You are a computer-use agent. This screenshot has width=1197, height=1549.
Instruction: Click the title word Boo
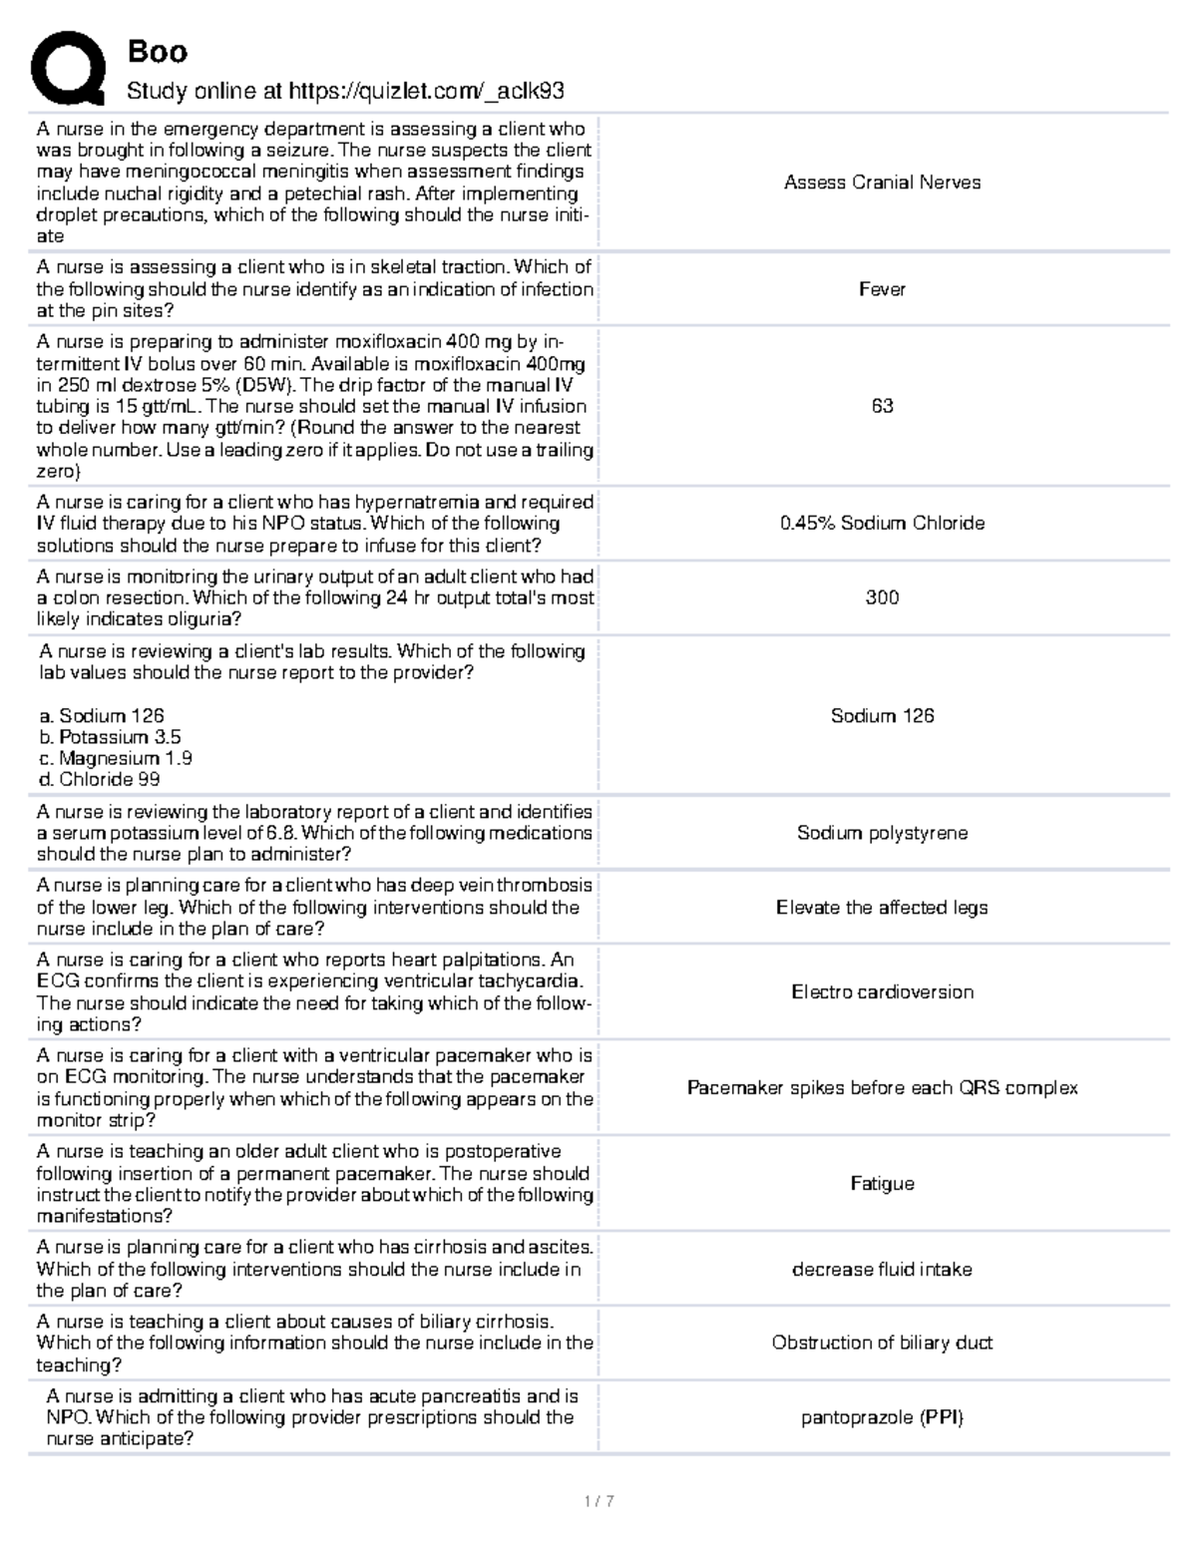click(x=157, y=51)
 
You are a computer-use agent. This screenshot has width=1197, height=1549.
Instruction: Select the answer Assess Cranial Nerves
click(x=882, y=183)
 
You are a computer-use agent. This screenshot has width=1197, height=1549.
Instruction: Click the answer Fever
click(x=882, y=289)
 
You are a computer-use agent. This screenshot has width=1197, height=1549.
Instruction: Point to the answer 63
click(x=882, y=406)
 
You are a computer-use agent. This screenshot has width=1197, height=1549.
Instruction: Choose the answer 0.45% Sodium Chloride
click(x=882, y=523)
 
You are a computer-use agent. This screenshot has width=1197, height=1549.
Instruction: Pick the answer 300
click(x=882, y=597)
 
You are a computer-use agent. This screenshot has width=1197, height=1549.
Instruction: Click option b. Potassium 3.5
click(x=111, y=737)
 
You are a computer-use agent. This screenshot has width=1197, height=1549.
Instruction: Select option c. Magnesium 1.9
click(x=116, y=758)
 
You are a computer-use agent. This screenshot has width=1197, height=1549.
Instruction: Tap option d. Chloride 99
click(x=100, y=779)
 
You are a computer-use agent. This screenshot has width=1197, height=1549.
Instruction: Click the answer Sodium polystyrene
click(x=882, y=833)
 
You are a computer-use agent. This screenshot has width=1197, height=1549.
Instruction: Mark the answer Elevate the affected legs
click(x=882, y=908)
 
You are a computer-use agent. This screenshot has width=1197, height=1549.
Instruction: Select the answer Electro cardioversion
click(x=882, y=991)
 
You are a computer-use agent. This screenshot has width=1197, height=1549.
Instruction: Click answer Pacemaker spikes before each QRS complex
click(x=882, y=1088)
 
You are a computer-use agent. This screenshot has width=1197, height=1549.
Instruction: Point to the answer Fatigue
click(x=882, y=1184)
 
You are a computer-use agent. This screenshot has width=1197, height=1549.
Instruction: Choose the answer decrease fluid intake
click(x=882, y=1270)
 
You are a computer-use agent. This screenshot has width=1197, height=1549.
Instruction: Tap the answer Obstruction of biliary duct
click(x=882, y=1343)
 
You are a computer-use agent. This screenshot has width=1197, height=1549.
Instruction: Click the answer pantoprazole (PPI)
click(x=882, y=1417)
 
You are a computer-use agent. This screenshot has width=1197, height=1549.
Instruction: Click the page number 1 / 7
click(x=598, y=1501)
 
